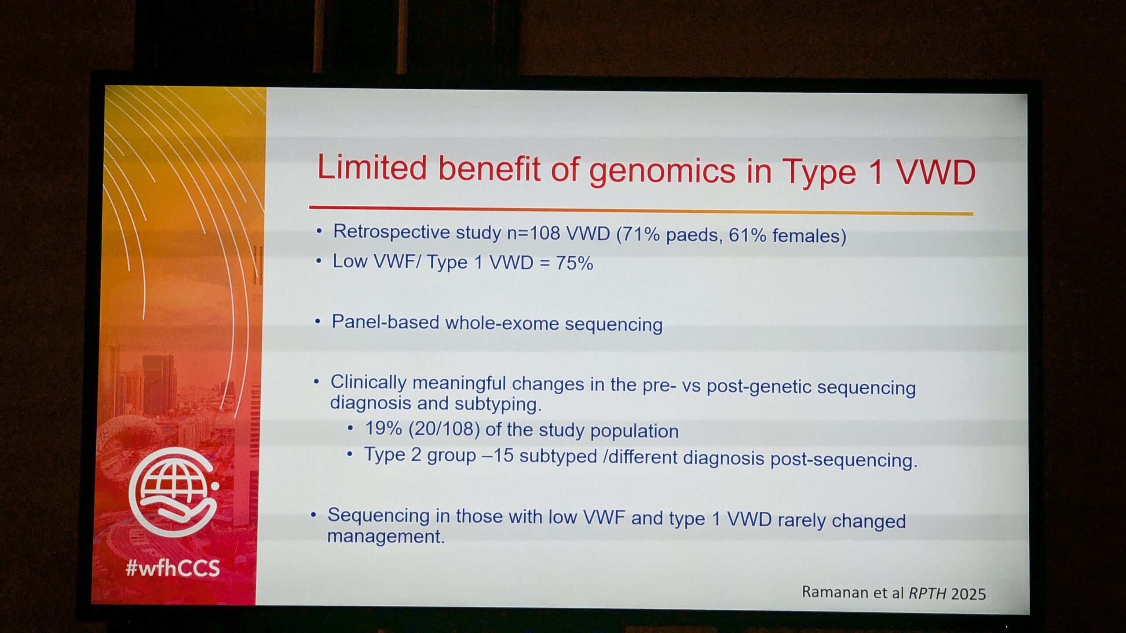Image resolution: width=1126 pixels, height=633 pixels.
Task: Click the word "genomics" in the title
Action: click(x=662, y=171)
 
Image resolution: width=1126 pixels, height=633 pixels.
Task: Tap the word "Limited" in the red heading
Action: click(x=372, y=167)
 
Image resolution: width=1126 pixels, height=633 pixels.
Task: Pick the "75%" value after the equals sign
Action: click(x=574, y=263)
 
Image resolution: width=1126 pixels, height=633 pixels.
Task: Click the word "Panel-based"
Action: click(x=385, y=322)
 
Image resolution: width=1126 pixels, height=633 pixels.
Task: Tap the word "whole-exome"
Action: click(x=502, y=323)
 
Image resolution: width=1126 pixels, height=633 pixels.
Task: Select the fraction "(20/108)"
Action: click(x=444, y=429)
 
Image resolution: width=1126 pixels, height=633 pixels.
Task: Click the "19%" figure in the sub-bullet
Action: click(x=384, y=428)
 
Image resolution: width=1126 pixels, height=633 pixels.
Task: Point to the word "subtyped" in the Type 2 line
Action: click(x=558, y=456)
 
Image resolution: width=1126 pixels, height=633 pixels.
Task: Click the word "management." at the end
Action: click(x=386, y=537)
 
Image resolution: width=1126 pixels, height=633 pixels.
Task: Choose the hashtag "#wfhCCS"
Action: click(x=172, y=568)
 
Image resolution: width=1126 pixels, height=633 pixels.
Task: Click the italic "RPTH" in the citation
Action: click(x=928, y=593)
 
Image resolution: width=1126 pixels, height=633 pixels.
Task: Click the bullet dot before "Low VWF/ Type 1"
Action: click(x=319, y=261)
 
